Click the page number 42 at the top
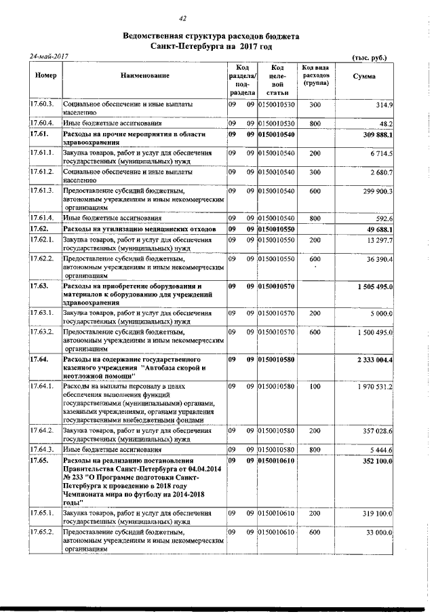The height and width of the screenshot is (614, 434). (182, 18)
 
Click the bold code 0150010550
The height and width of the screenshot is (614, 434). (277, 230)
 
